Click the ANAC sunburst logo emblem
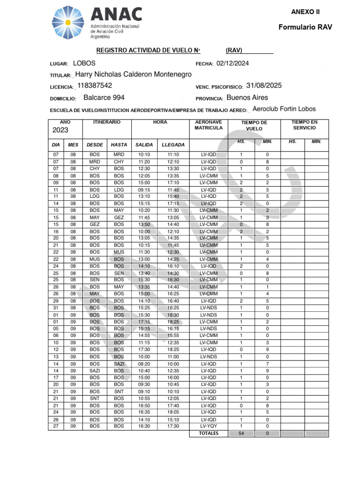pos(68,22)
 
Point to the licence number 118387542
pos(95,86)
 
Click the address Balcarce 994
pos(104,97)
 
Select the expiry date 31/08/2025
pos(264,86)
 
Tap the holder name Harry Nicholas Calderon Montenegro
pos(133,75)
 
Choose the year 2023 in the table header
pos(60,130)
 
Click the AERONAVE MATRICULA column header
pos(209,125)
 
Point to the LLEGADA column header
pos(173,145)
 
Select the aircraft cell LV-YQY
pos(209,426)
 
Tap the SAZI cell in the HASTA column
pos(119,364)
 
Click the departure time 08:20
pos(144,364)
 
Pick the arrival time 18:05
pos(173,412)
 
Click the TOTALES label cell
pos(209,434)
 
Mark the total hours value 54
pos(241,434)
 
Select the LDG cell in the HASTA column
pos(119,189)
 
